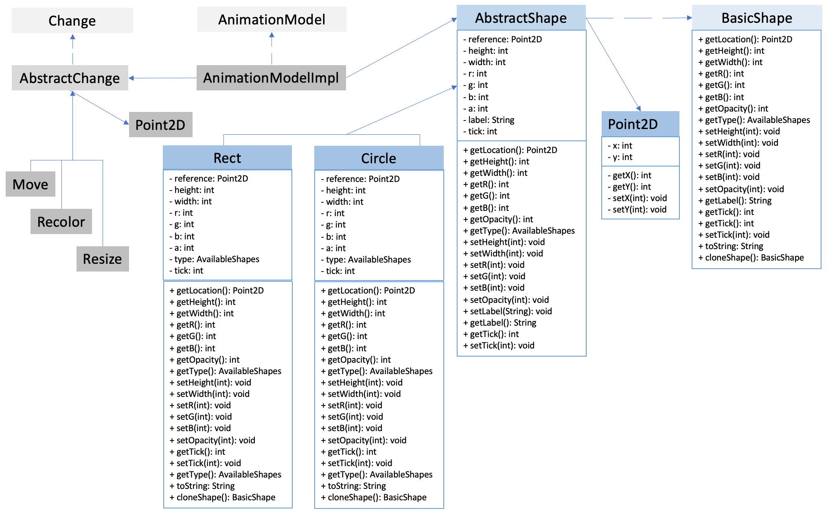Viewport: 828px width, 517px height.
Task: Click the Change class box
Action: [72, 20]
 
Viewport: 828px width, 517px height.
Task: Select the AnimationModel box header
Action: [272, 19]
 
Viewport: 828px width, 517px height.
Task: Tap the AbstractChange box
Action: [70, 78]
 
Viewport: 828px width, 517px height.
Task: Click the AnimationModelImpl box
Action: [271, 77]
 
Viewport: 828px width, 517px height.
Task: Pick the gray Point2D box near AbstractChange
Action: [160, 125]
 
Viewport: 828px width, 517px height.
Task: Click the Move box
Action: [31, 184]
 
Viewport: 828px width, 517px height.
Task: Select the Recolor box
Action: [61, 221]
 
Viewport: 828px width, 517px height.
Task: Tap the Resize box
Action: [103, 258]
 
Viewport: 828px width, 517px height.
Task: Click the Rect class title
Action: [227, 158]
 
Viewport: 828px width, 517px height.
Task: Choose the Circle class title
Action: [379, 158]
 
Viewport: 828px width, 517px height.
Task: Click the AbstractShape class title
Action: [521, 18]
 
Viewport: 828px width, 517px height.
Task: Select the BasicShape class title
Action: [756, 18]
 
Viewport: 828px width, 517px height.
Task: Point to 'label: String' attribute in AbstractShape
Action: [491, 120]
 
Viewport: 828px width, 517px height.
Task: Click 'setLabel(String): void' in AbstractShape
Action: [511, 311]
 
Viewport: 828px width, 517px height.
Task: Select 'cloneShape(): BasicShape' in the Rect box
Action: [226, 497]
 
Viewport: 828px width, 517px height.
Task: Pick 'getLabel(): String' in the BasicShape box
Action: [738, 200]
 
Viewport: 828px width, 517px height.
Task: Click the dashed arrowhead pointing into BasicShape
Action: [689, 18]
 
